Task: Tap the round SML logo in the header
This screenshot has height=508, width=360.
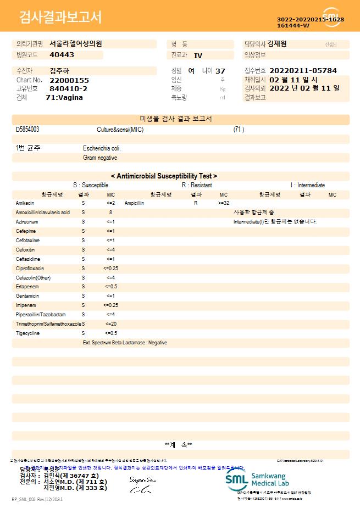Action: tap(331, 16)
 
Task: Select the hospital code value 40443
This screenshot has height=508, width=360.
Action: tap(62, 55)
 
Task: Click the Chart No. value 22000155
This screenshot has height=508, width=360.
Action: tap(69, 80)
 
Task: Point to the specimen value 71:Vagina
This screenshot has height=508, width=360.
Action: tap(64, 97)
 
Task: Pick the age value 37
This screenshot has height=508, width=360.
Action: tap(220, 71)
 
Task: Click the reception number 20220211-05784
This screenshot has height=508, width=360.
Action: tap(303, 71)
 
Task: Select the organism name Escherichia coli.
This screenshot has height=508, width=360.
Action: tap(102, 148)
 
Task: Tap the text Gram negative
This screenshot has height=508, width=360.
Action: tap(100, 158)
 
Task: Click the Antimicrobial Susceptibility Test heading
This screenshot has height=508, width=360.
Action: tap(164, 176)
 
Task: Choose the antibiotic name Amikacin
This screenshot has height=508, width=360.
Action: tap(25, 203)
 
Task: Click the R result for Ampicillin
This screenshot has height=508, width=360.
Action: tap(196, 203)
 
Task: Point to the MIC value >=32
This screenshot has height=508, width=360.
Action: tap(224, 203)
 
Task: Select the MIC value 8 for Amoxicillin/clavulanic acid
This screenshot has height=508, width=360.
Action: tap(110, 212)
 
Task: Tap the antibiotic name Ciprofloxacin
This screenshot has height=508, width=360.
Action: tap(30, 268)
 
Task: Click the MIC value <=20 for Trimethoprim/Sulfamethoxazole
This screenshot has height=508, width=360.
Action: tap(110, 323)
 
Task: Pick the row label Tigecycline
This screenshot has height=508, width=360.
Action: tap(27, 333)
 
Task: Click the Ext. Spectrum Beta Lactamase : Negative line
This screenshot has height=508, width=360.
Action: tap(125, 342)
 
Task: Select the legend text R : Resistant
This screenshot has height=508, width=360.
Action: tap(197, 186)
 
